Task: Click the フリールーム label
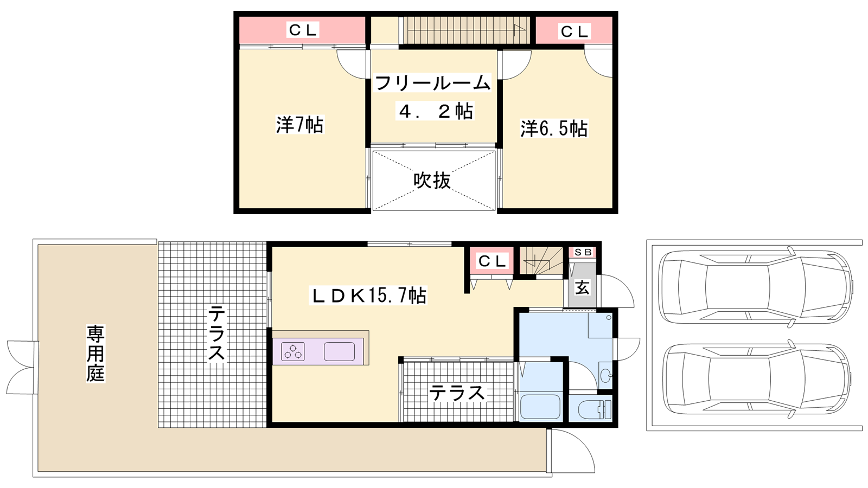432,82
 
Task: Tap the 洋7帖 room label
299,125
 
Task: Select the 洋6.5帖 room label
554,129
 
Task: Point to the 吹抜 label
432,181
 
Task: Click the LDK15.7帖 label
368,296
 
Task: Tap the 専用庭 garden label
95,354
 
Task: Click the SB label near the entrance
583,252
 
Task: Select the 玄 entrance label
582,288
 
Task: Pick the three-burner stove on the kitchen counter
292,352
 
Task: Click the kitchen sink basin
339,352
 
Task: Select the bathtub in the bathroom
540,407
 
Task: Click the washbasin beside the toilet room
605,375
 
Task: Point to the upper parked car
756,287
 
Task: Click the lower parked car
756,380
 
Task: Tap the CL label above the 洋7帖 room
303,29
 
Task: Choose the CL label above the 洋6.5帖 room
575,31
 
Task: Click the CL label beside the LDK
492,261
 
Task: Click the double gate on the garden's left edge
22,367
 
